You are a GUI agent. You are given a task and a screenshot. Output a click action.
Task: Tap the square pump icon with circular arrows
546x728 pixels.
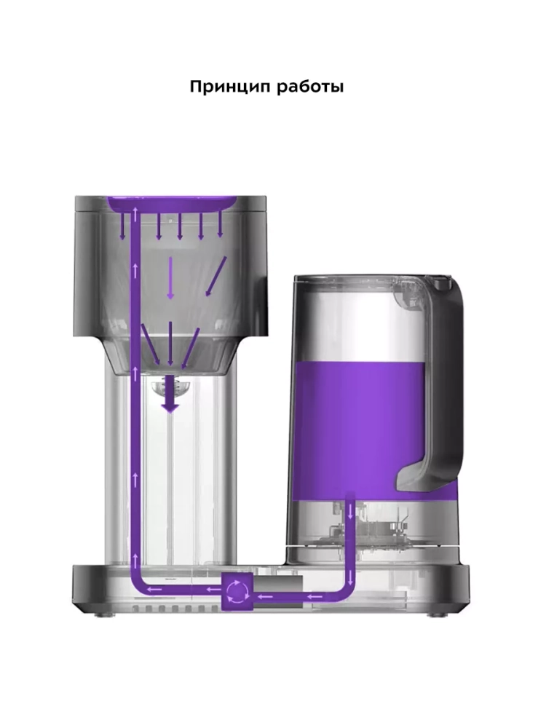(237, 590)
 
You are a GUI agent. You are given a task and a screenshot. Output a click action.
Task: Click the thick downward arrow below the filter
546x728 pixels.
(170, 394)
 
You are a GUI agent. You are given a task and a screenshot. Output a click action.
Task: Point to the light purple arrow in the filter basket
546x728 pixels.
(170, 278)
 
